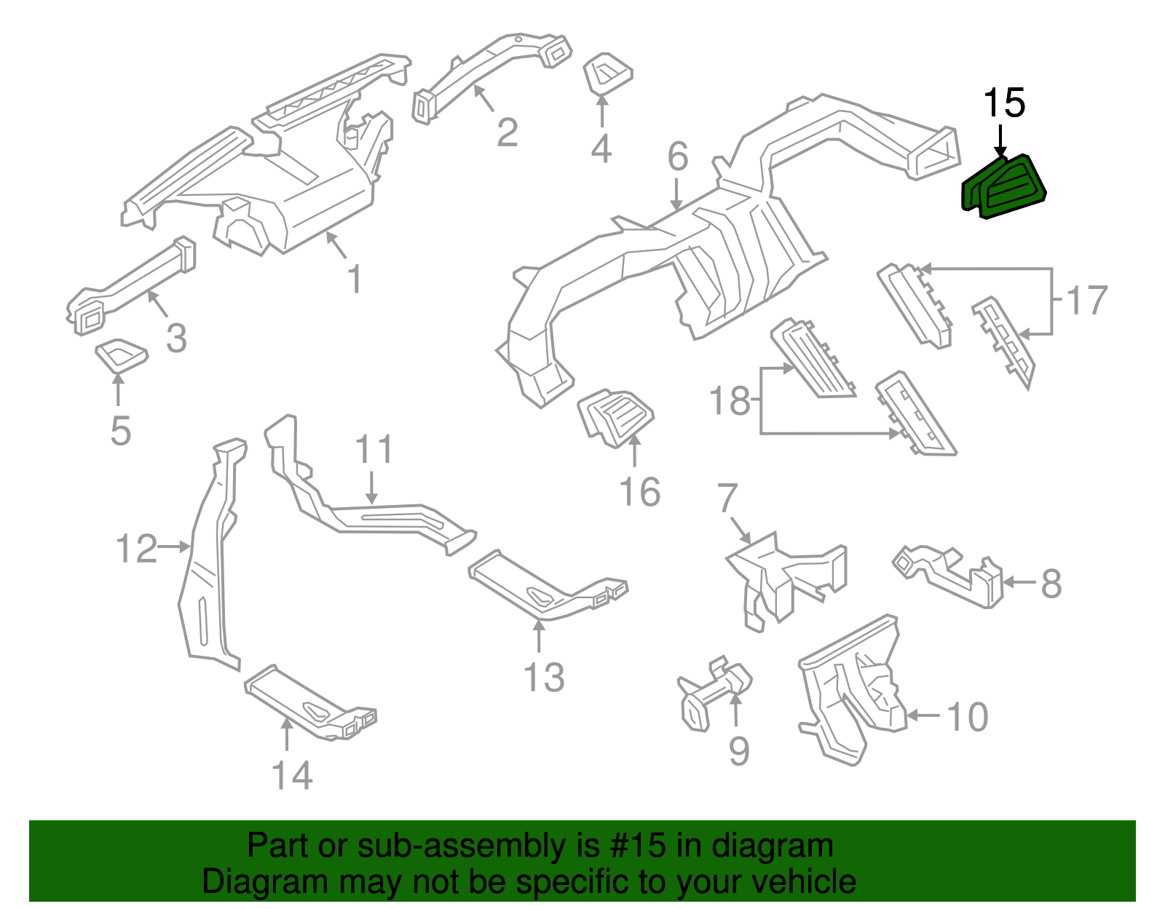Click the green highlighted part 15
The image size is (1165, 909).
1004,186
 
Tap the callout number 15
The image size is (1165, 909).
1004,103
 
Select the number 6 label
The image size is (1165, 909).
677,156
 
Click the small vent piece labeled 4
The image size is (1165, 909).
607,74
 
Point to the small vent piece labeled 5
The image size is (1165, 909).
121,354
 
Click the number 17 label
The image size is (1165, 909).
1086,300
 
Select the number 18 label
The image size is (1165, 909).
730,401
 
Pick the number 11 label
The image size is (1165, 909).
374,450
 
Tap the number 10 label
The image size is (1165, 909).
967,717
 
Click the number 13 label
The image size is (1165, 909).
544,678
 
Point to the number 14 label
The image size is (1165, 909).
292,775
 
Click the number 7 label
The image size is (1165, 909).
727,498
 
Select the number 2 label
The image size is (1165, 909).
508,132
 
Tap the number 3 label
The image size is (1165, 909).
176,338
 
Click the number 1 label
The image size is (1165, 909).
355,279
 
